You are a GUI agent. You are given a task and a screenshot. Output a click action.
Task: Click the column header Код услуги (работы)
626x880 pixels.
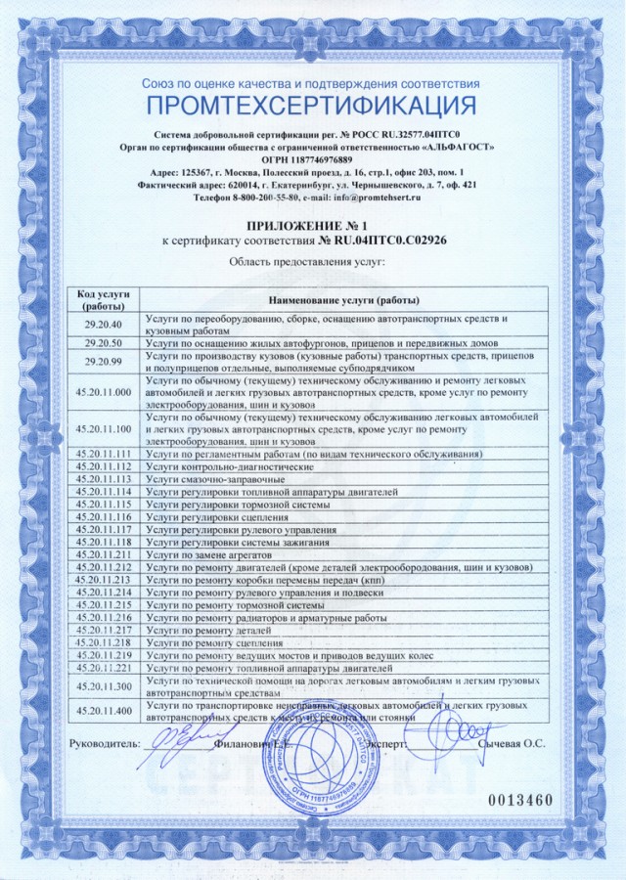pos(103,299)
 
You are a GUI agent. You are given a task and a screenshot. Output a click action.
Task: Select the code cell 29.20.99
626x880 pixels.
pos(103,361)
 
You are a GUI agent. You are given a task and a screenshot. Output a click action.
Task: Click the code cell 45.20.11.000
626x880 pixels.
pos(103,391)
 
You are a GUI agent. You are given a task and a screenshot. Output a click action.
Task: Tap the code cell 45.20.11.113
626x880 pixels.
pos(103,479)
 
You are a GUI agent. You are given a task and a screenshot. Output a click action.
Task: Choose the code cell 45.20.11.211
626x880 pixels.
pos(103,554)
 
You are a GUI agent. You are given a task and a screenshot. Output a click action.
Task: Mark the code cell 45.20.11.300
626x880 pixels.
pos(103,685)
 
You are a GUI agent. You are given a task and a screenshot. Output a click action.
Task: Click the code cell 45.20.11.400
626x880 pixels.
pos(103,711)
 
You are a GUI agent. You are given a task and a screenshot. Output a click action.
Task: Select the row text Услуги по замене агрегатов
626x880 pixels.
pos(211,554)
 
